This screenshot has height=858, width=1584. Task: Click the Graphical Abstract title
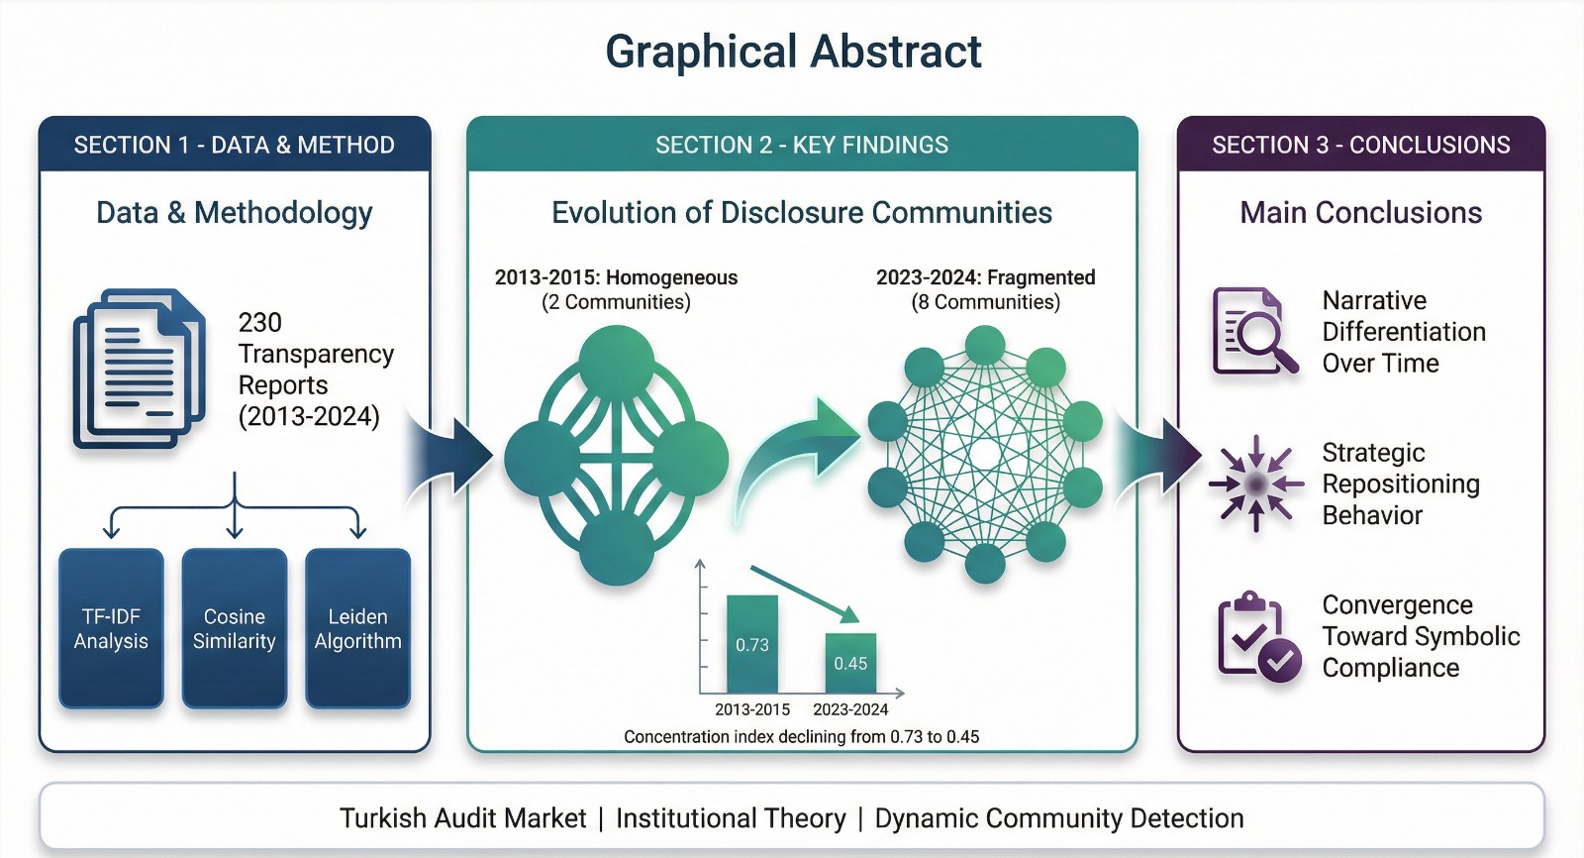(793, 52)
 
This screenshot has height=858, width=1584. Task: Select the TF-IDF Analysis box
(111, 628)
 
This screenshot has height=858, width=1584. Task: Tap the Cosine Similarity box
(234, 628)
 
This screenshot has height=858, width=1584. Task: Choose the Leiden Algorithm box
(357, 628)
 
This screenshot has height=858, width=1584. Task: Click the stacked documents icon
(140, 369)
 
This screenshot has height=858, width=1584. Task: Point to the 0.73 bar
(752, 644)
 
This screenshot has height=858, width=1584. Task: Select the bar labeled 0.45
(850, 663)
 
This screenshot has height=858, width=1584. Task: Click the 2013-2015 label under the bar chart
(752, 709)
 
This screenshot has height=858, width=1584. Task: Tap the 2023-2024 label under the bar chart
(850, 709)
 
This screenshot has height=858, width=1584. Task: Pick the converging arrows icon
(1256, 484)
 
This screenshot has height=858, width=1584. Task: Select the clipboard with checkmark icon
(1258, 637)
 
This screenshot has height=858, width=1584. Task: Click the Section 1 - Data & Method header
(235, 145)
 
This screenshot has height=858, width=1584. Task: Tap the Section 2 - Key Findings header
(802, 145)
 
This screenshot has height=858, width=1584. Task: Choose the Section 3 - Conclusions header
(1361, 145)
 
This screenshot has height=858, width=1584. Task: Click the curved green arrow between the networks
(796, 460)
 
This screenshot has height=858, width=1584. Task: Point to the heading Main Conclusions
(1361, 212)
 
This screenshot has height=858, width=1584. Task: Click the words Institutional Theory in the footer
(731, 818)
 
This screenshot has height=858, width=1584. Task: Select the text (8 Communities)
(986, 302)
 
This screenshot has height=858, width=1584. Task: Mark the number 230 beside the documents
(260, 323)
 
